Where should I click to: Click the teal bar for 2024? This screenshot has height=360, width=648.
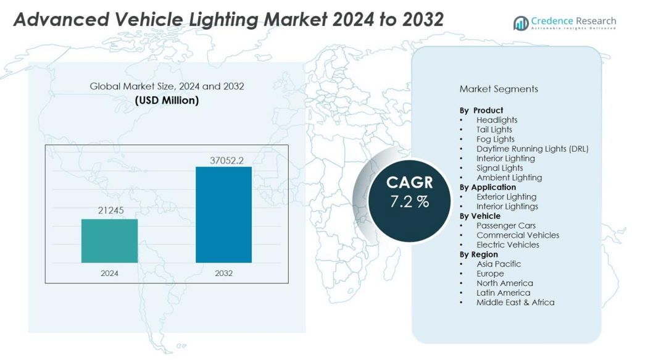109,241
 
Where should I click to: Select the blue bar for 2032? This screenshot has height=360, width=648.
223,214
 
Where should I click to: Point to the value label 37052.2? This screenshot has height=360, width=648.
226,161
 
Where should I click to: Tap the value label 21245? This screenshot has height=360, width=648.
111,211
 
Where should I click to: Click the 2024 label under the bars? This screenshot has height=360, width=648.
109,273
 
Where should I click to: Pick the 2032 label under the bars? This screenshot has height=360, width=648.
223,273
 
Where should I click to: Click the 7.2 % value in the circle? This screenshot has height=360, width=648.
409,202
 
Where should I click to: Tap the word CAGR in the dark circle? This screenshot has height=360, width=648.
410,183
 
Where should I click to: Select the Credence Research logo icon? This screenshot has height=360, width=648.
521,23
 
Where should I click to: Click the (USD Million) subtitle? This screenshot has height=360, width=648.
167,100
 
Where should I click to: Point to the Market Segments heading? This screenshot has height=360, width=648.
499,89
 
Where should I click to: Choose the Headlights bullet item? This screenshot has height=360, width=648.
497,120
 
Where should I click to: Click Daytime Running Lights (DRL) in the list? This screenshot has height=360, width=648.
532,149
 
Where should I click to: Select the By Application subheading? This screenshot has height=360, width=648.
488,187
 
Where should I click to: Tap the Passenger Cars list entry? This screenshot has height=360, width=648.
506,225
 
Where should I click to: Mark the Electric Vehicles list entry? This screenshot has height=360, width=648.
508,245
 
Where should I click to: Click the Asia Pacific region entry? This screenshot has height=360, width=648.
499,264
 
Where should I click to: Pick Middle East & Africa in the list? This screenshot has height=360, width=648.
515,303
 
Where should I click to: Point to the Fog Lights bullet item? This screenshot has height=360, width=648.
495,139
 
